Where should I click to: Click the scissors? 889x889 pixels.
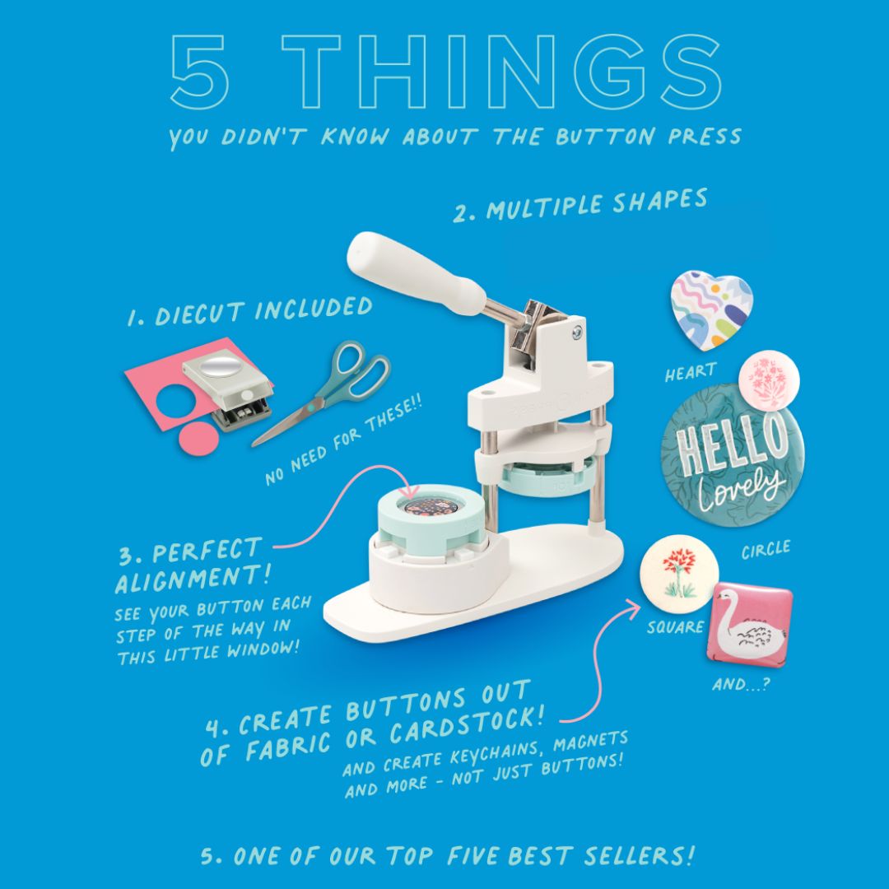(323, 391)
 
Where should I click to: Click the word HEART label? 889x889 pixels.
(691, 373)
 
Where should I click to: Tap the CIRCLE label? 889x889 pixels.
(766, 549)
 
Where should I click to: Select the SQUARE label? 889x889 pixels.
(675, 627)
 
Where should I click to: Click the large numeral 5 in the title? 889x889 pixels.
(199, 72)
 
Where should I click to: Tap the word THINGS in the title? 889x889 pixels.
(502, 72)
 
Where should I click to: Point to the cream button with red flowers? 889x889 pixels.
(679, 575)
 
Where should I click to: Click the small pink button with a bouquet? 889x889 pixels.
(769, 380)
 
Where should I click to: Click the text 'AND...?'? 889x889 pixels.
(741, 684)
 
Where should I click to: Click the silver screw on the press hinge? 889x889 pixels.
(577, 333)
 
